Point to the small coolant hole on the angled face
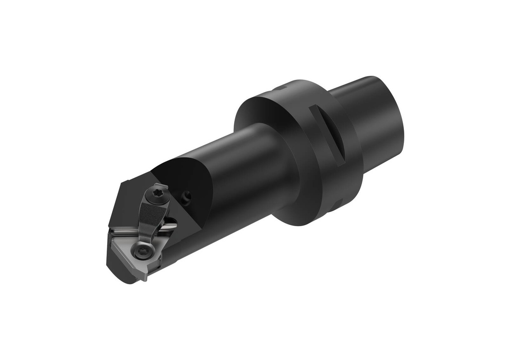187,198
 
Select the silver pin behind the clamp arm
169,226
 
